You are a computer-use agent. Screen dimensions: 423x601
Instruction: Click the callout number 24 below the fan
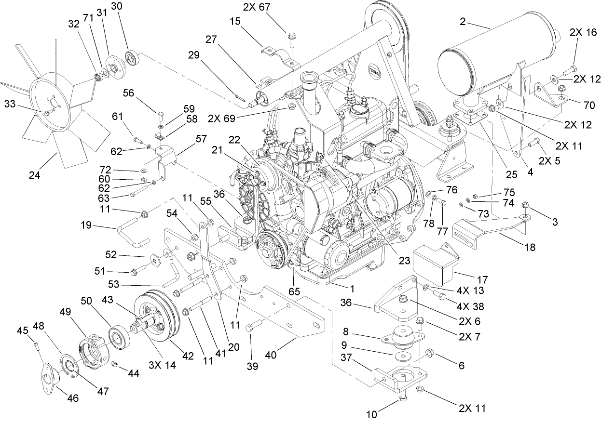pyautogui.click(x=34, y=176)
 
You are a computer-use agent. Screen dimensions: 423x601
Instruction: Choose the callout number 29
pyautogui.click(x=193, y=56)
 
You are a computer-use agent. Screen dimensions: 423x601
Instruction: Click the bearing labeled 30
pyautogui.click(x=132, y=58)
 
